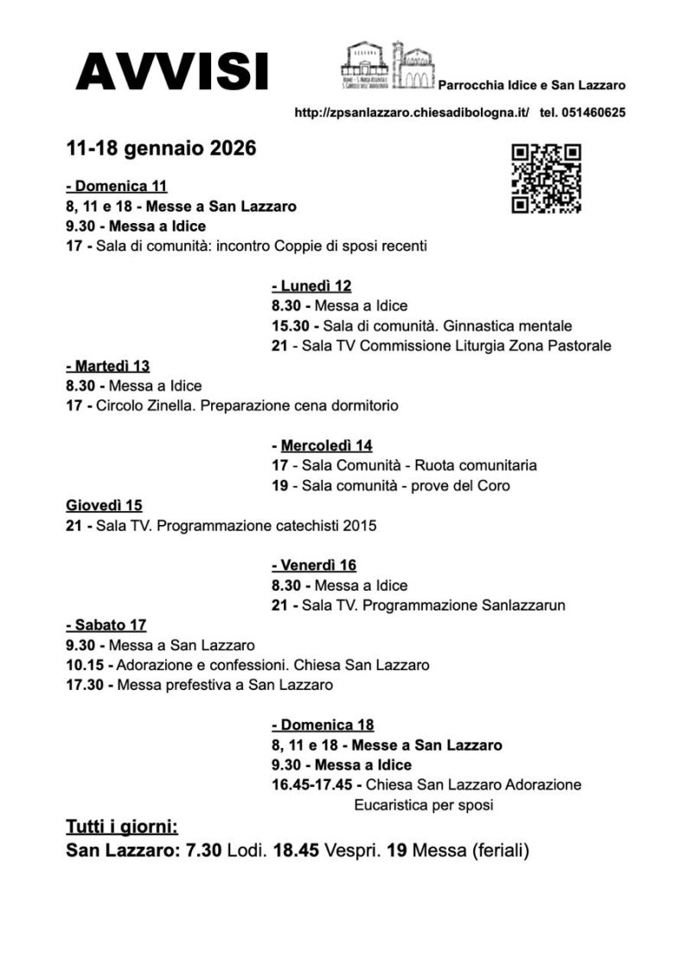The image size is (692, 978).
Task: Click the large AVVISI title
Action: click(x=171, y=71)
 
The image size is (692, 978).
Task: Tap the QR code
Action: click(x=546, y=177)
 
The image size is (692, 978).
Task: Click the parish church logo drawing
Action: click(x=388, y=65)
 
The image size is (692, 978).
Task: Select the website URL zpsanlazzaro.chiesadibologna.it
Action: click(x=412, y=112)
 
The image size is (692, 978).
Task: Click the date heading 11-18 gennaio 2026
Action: click(x=161, y=149)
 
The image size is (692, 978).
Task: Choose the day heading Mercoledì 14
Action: click(x=323, y=445)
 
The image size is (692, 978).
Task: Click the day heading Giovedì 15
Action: click(x=104, y=505)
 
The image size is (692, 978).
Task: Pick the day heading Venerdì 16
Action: click(x=314, y=566)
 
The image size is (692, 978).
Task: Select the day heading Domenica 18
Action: click(x=323, y=725)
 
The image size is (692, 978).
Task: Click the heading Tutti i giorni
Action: click(x=122, y=825)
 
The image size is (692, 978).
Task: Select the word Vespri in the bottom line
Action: click(x=351, y=850)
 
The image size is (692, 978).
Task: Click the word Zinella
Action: click(x=170, y=406)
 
